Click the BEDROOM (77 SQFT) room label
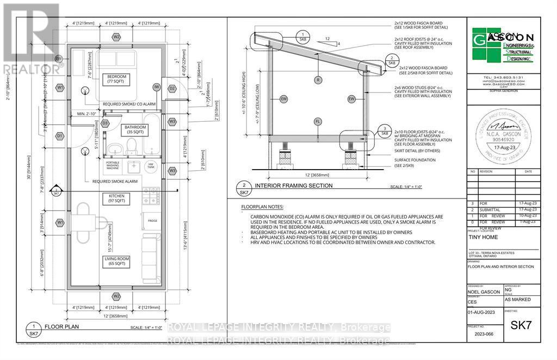coord(116,79)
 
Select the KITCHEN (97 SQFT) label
coord(116,198)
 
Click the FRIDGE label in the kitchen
coord(152,220)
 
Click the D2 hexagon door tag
coord(172,88)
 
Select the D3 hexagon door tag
coord(106,123)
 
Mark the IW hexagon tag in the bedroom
coord(156,87)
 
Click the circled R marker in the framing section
coord(317,80)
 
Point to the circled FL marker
coord(317,121)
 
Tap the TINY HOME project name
coord(482,237)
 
